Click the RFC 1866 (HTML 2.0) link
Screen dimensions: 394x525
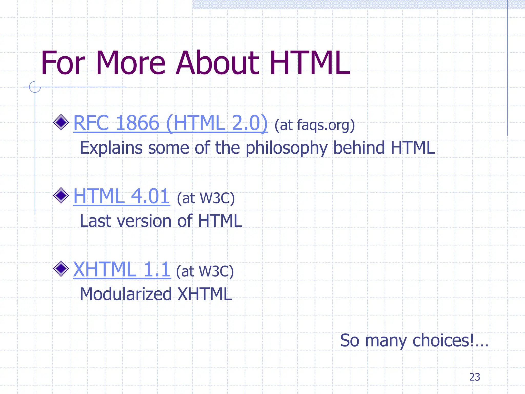[x=170, y=123]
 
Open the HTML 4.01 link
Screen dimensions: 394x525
[x=121, y=196]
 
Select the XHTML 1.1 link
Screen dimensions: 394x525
[x=122, y=270]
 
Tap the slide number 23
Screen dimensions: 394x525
[x=474, y=377]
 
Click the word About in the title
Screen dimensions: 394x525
[x=218, y=63]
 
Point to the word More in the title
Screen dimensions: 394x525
[x=131, y=63]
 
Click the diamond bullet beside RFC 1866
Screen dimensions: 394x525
[x=61, y=122]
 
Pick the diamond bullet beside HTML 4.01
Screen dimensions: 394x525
[x=61, y=195]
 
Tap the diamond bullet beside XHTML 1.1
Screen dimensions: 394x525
[x=61, y=269]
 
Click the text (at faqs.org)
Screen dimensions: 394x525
[x=315, y=125]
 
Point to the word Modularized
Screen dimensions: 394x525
[x=126, y=294]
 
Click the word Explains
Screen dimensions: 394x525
[x=111, y=148]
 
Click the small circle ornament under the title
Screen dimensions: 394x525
[x=35, y=87]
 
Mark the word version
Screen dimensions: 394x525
[x=144, y=221]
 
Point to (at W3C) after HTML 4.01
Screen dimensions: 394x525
[x=206, y=198]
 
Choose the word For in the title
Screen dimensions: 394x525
[x=63, y=63]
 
